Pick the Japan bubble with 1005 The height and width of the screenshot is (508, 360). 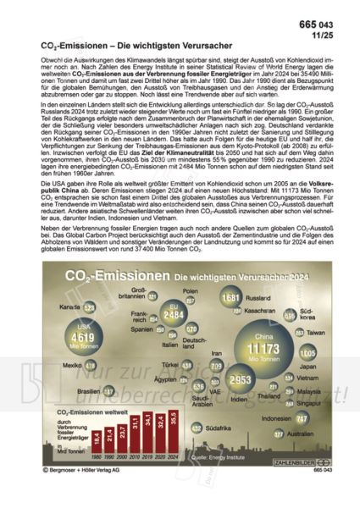pos(307,352)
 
